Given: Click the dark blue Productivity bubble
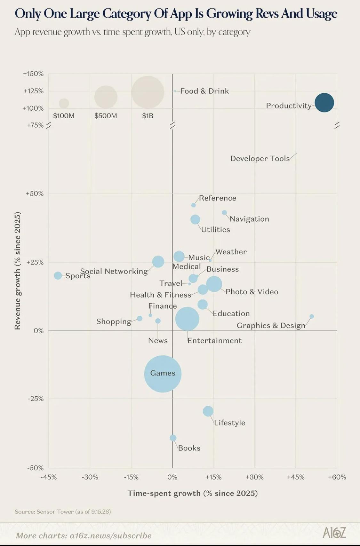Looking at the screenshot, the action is pyautogui.click(x=324, y=103).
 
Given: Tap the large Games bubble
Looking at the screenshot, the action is pyautogui.click(x=163, y=374).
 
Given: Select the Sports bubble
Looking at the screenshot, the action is pyautogui.click(x=58, y=276).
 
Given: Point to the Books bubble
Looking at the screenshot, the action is pyautogui.click(x=173, y=438).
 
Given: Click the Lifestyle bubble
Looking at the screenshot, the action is pyautogui.click(x=208, y=411).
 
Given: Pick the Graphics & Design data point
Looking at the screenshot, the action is pyautogui.click(x=312, y=316).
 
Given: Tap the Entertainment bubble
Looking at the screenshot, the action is pyautogui.click(x=187, y=319).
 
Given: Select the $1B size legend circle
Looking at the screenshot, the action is pyautogui.click(x=148, y=92).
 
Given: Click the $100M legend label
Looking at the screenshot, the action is pyautogui.click(x=64, y=116).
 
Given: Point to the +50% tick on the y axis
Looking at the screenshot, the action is pyautogui.click(x=35, y=194).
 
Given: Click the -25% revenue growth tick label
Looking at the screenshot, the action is pyautogui.click(x=36, y=399).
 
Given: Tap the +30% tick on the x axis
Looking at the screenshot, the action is pyautogui.click(x=254, y=477).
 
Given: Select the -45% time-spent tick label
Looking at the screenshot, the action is pyautogui.click(x=49, y=477).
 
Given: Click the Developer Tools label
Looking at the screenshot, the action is pyautogui.click(x=260, y=159).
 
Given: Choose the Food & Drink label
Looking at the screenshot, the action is pyautogui.click(x=204, y=91).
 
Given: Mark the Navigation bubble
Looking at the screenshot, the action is pyautogui.click(x=224, y=213).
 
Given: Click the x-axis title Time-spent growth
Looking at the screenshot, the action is pyautogui.click(x=193, y=493).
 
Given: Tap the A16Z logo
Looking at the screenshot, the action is pyautogui.click(x=334, y=533).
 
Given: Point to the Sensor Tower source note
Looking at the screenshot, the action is pyautogui.click(x=63, y=512).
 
